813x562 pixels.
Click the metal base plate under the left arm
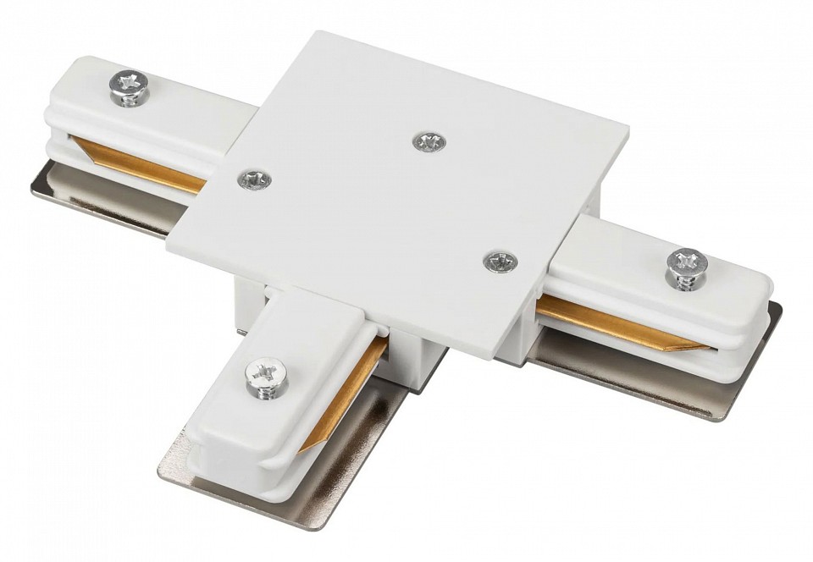click(x=102, y=200)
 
